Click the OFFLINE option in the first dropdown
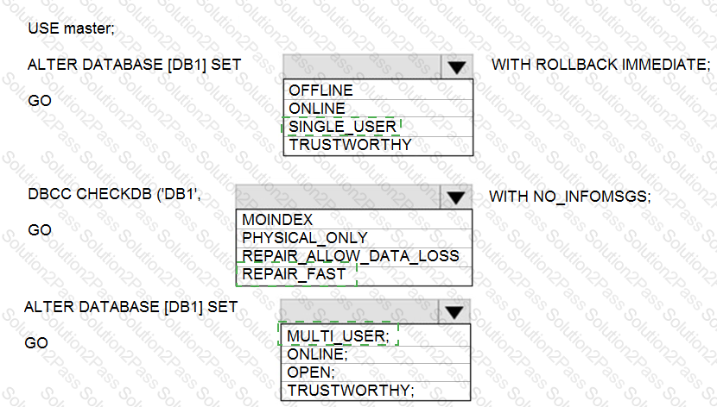pyautogui.click(x=320, y=91)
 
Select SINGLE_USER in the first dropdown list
pyautogui.click(x=342, y=127)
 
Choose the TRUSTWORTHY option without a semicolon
pyautogui.click(x=350, y=145)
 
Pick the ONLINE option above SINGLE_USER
pyautogui.click(x=317, y=109)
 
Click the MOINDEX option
pyautogui.click(x=277, y=220)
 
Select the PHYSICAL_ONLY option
pyautogui.click(x=305, y=238)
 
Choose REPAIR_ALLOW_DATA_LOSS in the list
pyautogui.click(x=350, y=256)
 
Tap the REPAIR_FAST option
pyautogui.click(x=294, y=274)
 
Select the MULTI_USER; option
pyautogui.click(x=338, y=336)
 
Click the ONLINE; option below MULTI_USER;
pyautogui.click(x=317, y=354)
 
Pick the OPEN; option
pyautogui.click(x=311, y=373)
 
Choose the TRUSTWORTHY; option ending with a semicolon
pyautogui.click(x=350, y=391)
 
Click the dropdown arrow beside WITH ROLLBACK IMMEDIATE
pyautogui.click(x=456, y=67)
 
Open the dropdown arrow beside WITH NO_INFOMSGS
pyautogui.click(x=455, y=197)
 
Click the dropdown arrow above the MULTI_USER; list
pyautogui.click(x=454, y=312)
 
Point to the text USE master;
pyautogui.click(x=72, y=28)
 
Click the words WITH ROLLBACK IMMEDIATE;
pyautogui.click(x=601, y=65)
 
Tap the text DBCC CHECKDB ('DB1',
pyautogui.click(x=114, y=194)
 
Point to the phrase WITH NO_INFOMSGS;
pyautogui.click(x=570, y=197)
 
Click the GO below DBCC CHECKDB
pyautogui.click(x=40, y=230)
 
